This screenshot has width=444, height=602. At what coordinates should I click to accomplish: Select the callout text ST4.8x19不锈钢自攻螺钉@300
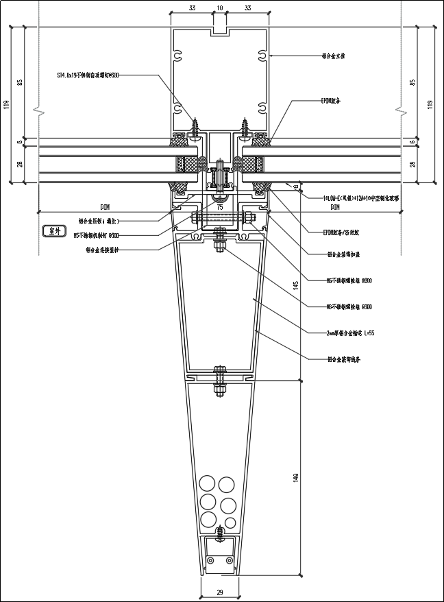[x=89, y=75]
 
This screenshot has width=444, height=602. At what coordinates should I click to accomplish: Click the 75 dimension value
[x=220, y=206]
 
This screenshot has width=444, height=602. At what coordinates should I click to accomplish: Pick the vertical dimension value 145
[x=296, y=285]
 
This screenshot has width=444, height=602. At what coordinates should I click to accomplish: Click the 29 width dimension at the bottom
[x=219, y=592]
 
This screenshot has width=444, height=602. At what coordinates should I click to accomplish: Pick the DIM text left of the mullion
[x=105, y=206]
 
